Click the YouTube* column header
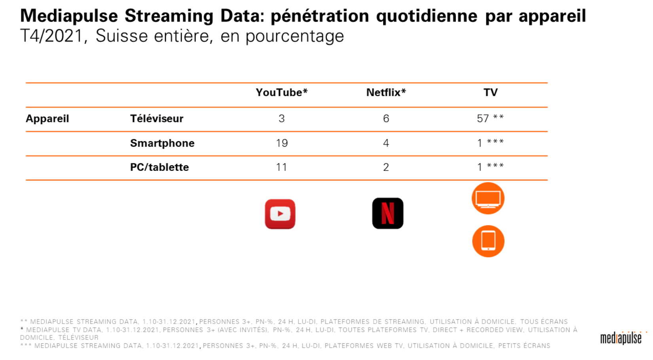pos(281,93)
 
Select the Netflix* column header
pos(386,93)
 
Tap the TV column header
pos(490,93)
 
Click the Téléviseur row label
pos(157,119)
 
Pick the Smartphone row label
pos(162,143)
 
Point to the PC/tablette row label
pos(159,167)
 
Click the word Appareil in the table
pos(47,119)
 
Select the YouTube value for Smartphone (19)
pos(282,143)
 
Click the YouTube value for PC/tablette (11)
pos(281,167)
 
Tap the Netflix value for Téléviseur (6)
pos(386,119)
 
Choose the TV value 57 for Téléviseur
pos(483,119)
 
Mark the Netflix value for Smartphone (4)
pos(386,143)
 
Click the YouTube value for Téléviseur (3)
pos(281,119)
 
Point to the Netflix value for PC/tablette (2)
pos(386,167)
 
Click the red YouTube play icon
pos(280,214)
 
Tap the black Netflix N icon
pos(388,213)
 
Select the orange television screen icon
pos(488,199)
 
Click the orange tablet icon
pos(488,241)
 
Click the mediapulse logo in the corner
pos(621,338)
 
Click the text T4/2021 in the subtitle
pos(51,36)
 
